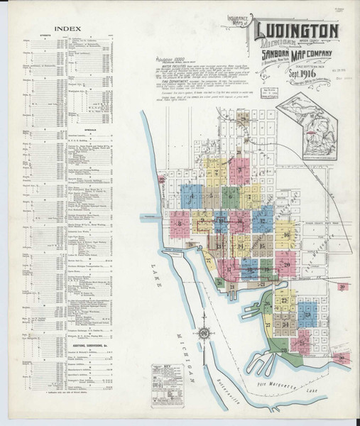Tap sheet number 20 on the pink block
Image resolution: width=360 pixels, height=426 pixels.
285,265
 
